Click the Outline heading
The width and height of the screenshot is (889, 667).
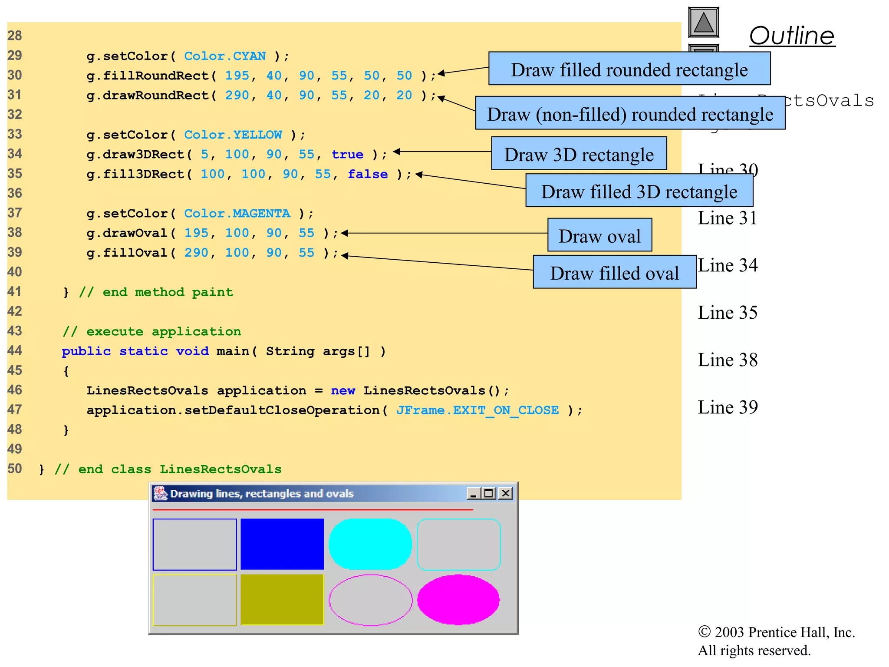pos(792,36)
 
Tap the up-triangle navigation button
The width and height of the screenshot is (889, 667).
pos(703,22)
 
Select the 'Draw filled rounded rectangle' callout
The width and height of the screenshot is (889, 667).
pos(629,69)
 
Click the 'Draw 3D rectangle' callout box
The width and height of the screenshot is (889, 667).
pos(579,154)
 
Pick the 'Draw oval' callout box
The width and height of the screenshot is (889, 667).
pos(599,235)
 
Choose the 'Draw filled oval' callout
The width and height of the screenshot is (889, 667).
pos(614,272)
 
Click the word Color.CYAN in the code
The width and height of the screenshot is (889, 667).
pos(224,56)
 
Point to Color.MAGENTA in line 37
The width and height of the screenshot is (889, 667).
pos(237,213)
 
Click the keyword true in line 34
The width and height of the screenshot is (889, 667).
pos(347,154)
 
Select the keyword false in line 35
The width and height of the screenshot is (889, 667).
pos(367,174)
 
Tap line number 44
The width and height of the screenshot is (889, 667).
pos(15,350)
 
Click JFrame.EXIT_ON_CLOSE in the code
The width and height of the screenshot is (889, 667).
pos(477,410)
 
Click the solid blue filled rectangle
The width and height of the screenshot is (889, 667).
pos(282,544)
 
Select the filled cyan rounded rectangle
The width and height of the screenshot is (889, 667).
pos(370,544)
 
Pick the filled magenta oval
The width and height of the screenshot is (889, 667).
pos(458,600)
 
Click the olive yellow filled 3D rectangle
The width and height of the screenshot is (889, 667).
pos(282,600)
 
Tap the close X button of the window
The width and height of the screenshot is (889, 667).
pos(505,493)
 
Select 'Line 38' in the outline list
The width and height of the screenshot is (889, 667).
pos(727,360)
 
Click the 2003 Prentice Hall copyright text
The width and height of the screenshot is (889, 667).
pos(776,632)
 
